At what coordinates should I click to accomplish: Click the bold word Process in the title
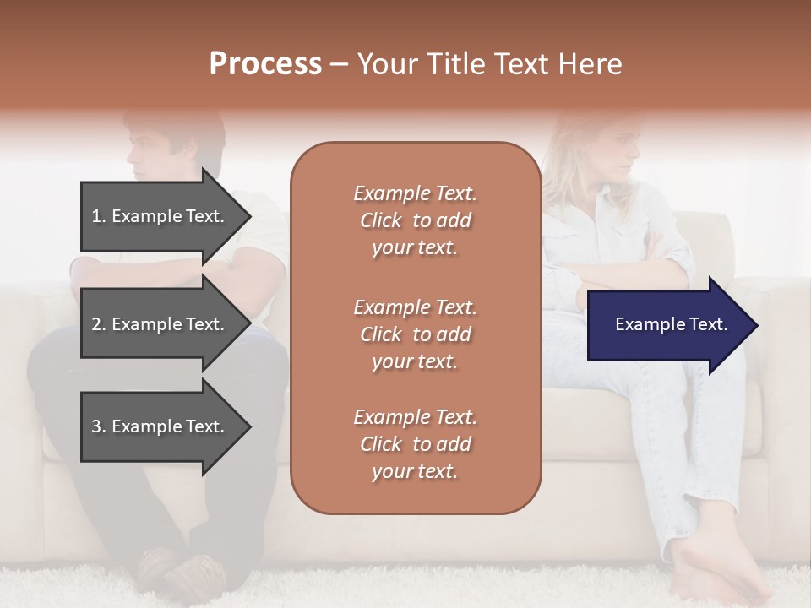click(x=265, y=64)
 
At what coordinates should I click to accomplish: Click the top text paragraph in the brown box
click(x=415, y=220)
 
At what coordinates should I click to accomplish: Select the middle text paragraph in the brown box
click(x=415, y=334)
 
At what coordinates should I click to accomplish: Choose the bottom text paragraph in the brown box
click(x=415, y=444)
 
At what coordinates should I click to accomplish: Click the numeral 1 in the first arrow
click(x=96, y=216)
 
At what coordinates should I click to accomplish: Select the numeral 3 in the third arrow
click(x=96, y=426)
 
